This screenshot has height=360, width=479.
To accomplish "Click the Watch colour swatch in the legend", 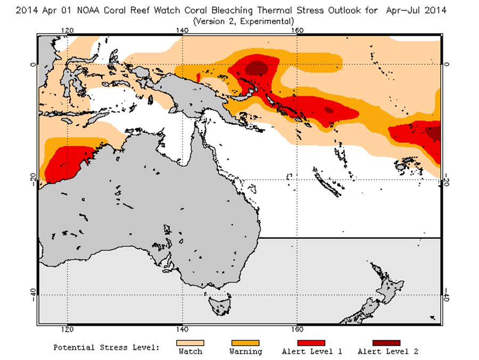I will click(190, 343).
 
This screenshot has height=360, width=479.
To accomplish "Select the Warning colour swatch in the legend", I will click(245, 343).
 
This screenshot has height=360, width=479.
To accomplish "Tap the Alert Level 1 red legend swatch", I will click(311, 343).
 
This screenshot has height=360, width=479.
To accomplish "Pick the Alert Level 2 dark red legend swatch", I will click(378, 343).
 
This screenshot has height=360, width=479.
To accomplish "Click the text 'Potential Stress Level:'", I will click(106, 348).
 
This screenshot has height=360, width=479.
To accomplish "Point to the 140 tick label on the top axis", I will click(183, 30).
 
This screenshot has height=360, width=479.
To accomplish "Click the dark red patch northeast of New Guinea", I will click(258, 68).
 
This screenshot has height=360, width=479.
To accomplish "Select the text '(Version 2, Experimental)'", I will click(243, 21).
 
